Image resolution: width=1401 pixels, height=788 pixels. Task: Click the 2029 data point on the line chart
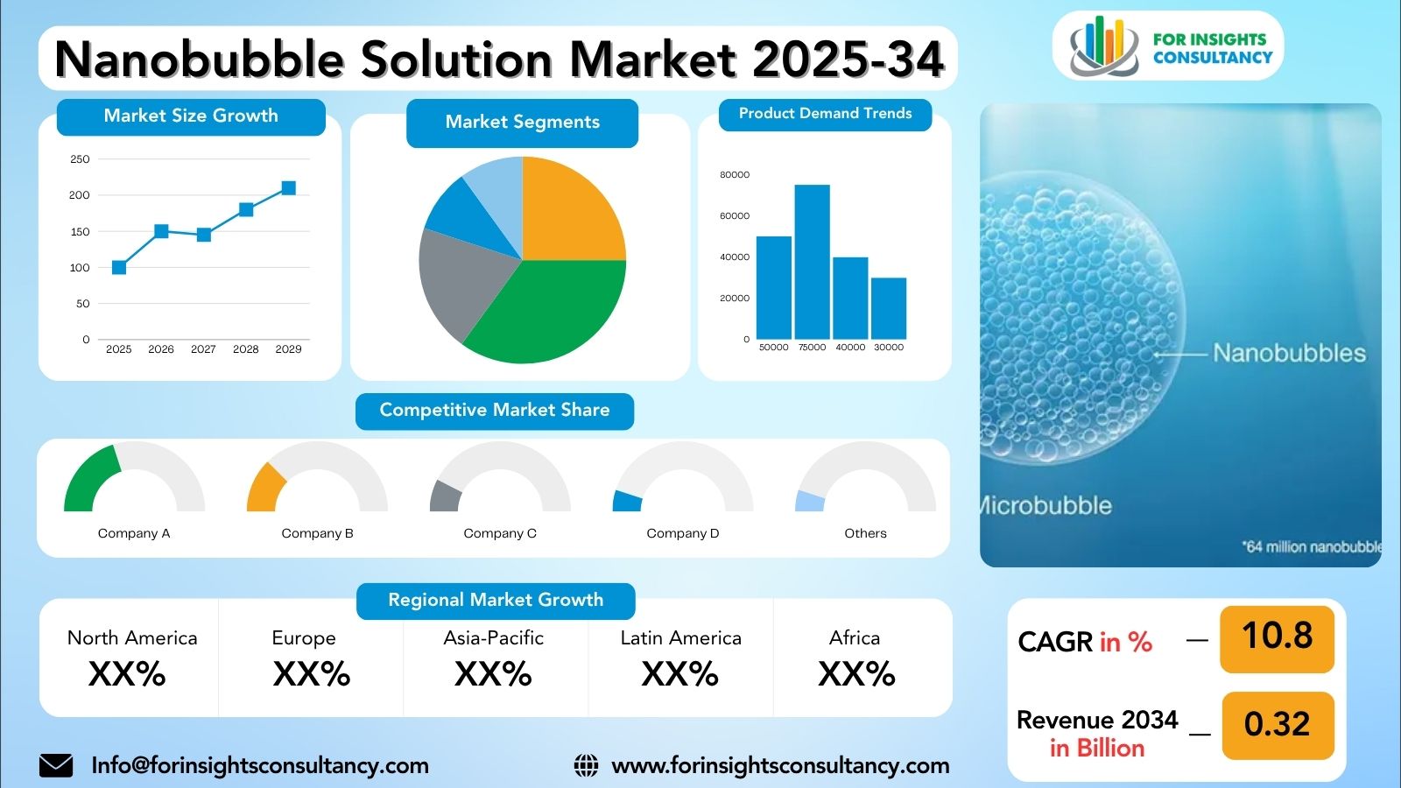(x=288, y=188)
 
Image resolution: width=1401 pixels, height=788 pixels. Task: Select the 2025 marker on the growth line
(x=119, y=267)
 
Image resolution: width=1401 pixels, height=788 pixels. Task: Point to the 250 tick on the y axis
(x=80, y=159)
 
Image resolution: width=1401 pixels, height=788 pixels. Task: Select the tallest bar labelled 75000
(x=812, y=262)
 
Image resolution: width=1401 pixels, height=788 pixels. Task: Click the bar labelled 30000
(x=889, y=308)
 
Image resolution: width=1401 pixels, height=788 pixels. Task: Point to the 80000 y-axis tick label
(x=735, y=175)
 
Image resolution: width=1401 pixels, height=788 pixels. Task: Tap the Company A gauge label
(x=134, y=533)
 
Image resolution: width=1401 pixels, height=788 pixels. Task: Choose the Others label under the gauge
(x=865, y=533)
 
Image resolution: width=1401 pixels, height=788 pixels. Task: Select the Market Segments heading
(x=523, y=123)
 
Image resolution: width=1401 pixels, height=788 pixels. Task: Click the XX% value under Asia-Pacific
(x=493, y=674)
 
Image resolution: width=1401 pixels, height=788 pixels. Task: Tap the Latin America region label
(x=680, y=638)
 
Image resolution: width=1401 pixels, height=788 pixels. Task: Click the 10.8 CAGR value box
(x=1277, y=637)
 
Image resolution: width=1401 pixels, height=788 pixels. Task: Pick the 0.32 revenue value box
(x=1277, y=725)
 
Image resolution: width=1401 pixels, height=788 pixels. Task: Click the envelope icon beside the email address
(x=56, y=765)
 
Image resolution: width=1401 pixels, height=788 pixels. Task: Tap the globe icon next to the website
(x=586, y=765)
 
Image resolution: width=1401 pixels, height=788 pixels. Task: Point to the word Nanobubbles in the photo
(x=1289, y=353)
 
